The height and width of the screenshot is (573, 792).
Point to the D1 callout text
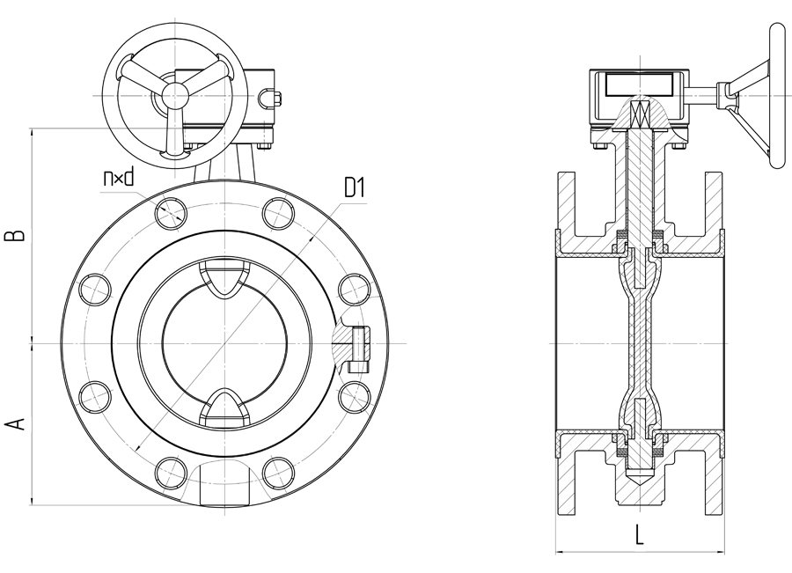[x=354, y=187]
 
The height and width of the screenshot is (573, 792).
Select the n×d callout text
[x=117, y=179]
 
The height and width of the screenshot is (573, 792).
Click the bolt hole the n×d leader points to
[x=169, y=211]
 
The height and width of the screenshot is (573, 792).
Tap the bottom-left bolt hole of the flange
[x=169, y=472]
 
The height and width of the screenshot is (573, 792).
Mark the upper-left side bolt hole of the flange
[x=92, y=288]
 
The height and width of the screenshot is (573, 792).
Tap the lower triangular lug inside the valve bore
[x=223, y=406]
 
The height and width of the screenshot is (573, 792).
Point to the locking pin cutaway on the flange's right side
[x=358, y=345]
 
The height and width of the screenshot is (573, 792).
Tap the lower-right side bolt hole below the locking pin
[x=353, y=395]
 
